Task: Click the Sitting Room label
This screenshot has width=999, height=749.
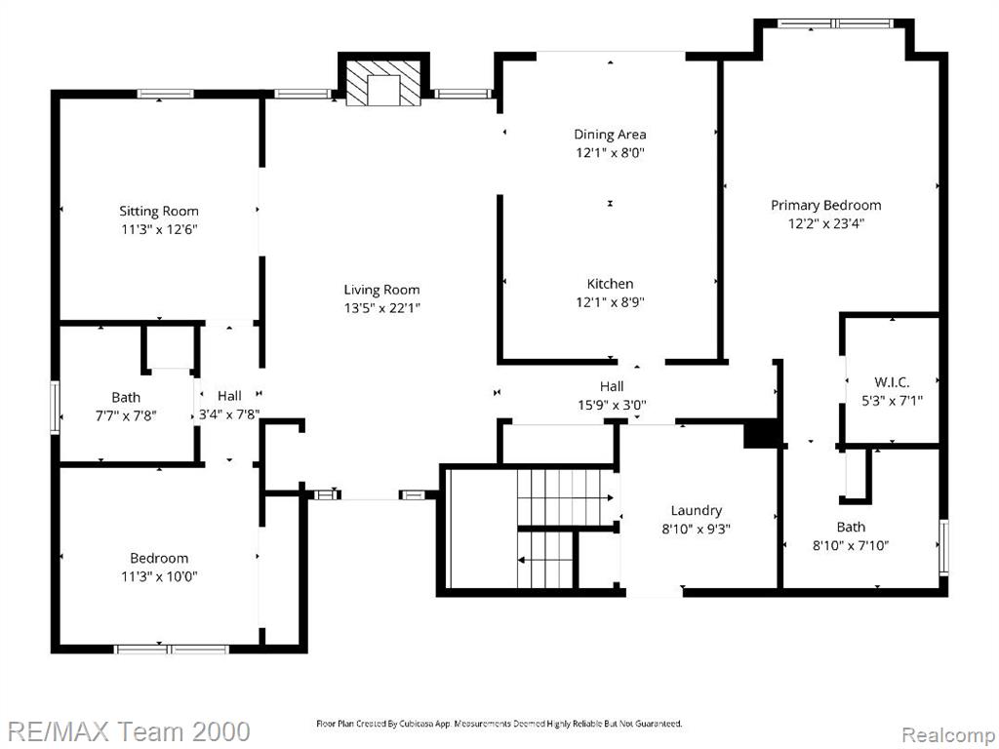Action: pyautogui.click(x=159, y=212)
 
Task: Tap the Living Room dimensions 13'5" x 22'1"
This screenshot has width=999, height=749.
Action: pyautogui.click(x=381, y=308)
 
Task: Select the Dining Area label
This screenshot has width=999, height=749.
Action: pyautogui.click(x=610, y=135)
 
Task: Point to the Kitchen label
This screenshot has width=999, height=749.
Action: pyautogui.click(x=610, y=284)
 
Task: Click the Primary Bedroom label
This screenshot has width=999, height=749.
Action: pyautogui.click(x=825, y=205)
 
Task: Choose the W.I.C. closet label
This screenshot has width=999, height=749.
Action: pyautogui.click(x=892, y=382)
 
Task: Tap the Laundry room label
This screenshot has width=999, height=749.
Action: pyautogui.click(x=696, y=511)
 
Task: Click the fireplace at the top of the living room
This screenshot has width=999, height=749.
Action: pyautogui.click(x=382, y=82)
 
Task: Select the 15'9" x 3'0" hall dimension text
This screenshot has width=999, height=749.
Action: pyautogui.click(x=612, y=405)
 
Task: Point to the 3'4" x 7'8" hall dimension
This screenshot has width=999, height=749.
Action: pyautogui.click(x=229, y=414)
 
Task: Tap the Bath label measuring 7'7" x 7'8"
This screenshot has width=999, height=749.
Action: pyautogui.click(x=126, y=398)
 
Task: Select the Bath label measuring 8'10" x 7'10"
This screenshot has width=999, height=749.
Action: pyautogui.click(x=851, y=528)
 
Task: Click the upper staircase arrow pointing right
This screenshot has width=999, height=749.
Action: pyautogui.click(x=566, y=497)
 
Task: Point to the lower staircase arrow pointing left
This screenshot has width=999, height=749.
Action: pyautogui.click(x=545, y=561)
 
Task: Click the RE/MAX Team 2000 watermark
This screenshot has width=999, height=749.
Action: pyautogui.click(x=129, y=731)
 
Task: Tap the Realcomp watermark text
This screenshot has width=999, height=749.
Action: pyautogui.click(x=948, y=735)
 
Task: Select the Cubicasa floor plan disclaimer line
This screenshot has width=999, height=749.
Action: pyautogui.click(x=499, y=724)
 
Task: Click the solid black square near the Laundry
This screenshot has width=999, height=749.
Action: pyautogui.click(x=762, y=434)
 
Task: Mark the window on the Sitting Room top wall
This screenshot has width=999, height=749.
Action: pyautogui.click(x=166, y=94)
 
